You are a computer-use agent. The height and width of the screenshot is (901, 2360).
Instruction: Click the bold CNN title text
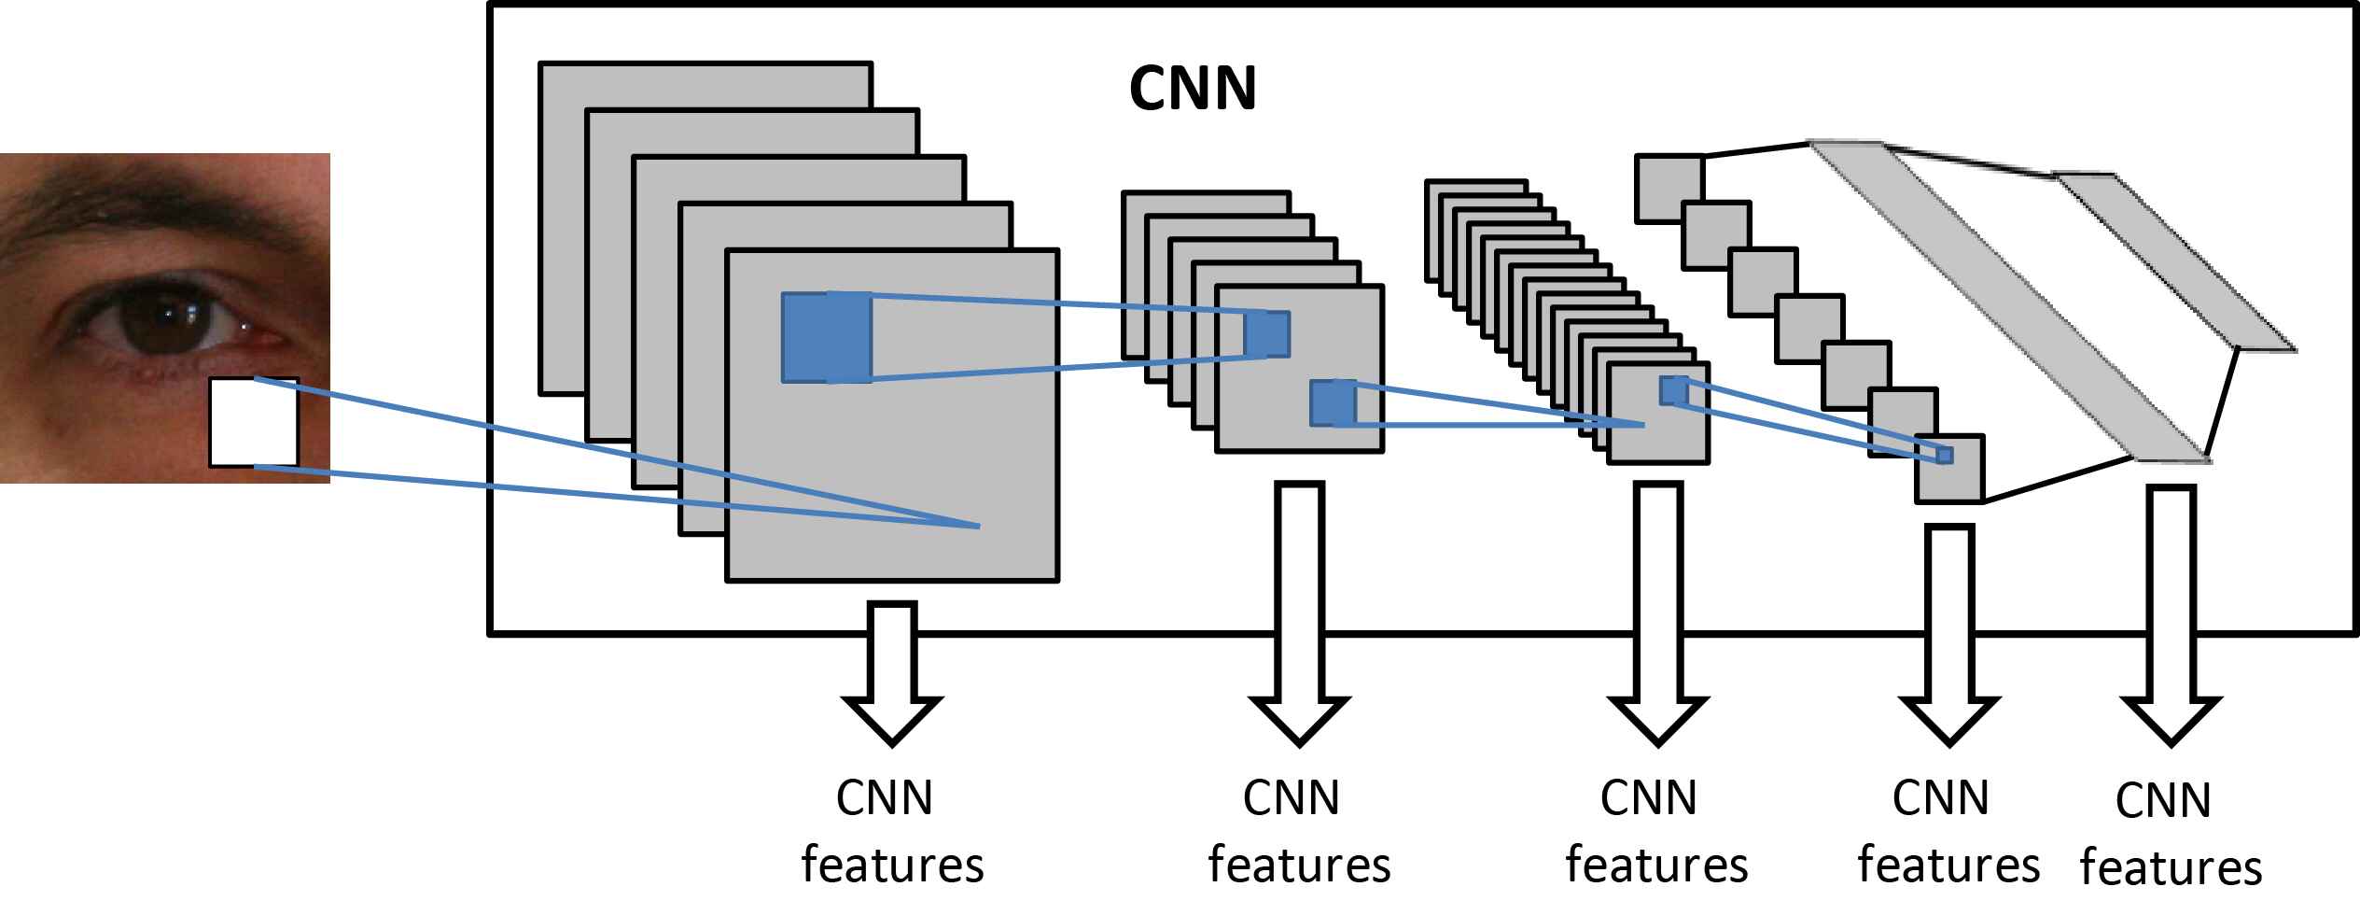point(1192,90)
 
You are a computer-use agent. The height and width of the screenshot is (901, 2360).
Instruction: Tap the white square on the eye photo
point(253,422)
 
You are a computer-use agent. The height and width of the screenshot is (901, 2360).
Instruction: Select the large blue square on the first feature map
point(827,337)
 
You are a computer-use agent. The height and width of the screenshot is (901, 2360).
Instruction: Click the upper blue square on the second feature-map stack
point(1266,334)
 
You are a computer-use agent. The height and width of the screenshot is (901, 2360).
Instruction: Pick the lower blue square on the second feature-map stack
point(1333,403)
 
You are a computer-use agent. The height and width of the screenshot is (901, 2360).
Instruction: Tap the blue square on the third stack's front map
point(1673,390)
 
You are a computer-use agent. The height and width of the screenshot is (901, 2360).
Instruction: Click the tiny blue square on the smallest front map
point(1945,455)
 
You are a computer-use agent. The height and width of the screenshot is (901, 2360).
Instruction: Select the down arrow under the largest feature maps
point(892,672)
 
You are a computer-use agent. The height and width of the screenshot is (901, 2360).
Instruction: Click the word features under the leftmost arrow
point(892,865)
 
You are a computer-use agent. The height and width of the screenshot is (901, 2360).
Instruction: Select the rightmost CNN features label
point(2169,834)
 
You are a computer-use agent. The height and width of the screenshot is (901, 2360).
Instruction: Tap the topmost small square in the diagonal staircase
point(1669,189)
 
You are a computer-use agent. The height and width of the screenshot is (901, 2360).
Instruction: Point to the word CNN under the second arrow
point(1291,798)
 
